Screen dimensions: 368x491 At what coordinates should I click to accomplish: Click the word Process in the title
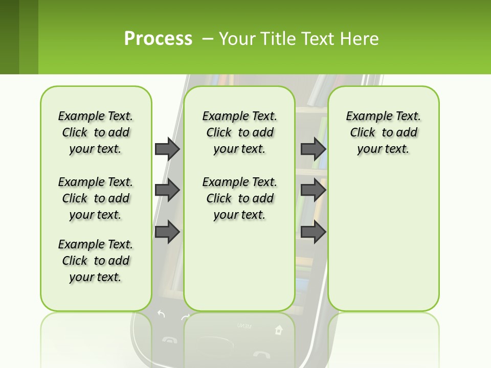[x=158, y=38]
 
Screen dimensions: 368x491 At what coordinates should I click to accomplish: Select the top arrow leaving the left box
[x=167, y=149]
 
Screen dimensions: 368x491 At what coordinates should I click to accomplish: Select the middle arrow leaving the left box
[x=167, y=190]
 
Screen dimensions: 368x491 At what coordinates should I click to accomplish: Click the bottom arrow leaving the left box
[x=167, y=232]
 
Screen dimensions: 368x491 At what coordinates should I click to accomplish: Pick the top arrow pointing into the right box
[x=313, y=149]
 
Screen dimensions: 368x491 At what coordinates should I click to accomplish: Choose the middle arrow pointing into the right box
[x=313, y=190]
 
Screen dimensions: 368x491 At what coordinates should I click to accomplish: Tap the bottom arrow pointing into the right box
[x=313, y=232]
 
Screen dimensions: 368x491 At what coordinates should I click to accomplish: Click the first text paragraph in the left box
[x=96, y=132]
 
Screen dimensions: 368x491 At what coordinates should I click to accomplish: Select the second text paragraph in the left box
[x=96, y=198]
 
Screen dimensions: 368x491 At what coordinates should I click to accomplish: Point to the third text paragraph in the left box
[x=96, y=261]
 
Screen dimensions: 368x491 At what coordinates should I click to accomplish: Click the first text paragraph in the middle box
[x=239, y=132]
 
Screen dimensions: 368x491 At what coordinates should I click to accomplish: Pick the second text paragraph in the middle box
[x=239, y=198]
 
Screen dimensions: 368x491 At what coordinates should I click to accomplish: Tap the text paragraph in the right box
[x=383, y=132]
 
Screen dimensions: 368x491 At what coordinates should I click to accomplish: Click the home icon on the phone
[x=278, y=330]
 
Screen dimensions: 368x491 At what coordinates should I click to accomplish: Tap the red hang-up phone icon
[x=261, y=354]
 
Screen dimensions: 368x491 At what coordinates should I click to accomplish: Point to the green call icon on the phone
[x=168, y=339]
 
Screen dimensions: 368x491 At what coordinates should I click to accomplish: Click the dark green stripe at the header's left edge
[x=9, y=37]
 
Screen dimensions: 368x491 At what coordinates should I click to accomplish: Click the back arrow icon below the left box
[x=161, y=314]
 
